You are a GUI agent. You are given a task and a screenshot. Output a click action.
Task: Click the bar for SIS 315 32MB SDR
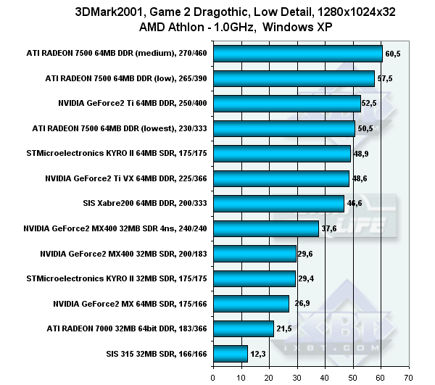click(231, 354)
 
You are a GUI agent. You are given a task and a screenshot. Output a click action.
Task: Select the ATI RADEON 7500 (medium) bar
click(297, 54)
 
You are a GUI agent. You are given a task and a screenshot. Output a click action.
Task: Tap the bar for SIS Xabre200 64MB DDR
click(278, 204)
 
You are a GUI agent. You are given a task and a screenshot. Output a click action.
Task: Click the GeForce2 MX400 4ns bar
click(265, 228)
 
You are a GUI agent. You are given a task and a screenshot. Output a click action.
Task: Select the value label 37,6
click(330, 228)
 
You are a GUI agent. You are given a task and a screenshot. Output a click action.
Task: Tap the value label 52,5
click(371, 104)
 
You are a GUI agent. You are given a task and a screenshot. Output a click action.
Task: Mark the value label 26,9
click(300, 304)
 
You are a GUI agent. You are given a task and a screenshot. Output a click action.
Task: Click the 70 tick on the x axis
click(408, 377)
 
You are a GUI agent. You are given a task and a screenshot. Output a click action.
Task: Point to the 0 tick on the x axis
click(213, 377)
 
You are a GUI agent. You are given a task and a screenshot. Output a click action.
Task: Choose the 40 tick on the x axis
click(325, 377)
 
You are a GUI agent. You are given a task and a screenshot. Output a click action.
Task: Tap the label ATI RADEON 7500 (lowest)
click(120, 128)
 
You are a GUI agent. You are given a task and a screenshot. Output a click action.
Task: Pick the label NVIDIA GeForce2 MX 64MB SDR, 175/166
click(130, 304)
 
